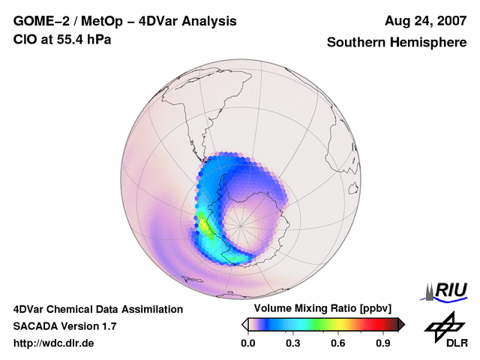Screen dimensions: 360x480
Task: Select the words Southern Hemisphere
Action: click(397, 43)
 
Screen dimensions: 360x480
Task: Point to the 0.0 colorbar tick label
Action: click(247, 343)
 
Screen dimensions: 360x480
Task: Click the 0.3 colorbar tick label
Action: click(292, 343)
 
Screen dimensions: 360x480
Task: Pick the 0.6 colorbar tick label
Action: click(337, 343)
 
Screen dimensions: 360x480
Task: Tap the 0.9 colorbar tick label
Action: click(382, 343)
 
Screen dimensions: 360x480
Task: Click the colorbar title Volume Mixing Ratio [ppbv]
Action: click(319, 309)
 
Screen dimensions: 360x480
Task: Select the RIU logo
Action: click(445, 290)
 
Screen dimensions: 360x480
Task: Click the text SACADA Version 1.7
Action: click(64, 326)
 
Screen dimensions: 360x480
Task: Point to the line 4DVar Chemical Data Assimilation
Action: click(97, 309)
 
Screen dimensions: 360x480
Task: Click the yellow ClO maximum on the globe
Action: click(202, 223)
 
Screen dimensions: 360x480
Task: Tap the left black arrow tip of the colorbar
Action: click(244, 324)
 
